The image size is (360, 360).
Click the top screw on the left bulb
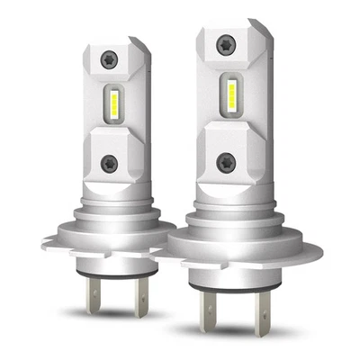point(109,58)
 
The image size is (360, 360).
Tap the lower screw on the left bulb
point(109,163)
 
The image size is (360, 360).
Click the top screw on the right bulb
point(226,44)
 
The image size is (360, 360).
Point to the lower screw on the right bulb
point(226,163)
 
